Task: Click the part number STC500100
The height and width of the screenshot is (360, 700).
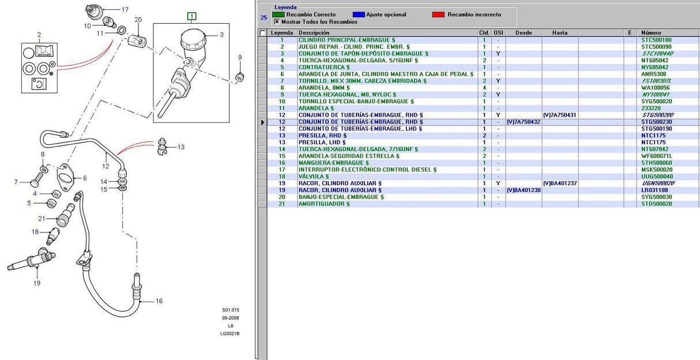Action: (x=656, y=40)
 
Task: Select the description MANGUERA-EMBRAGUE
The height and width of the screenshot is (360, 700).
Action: (x=333, y=163)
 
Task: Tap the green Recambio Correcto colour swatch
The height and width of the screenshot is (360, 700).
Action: (x=278, y=14)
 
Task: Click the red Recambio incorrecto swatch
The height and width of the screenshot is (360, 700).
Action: (x=438, y=14)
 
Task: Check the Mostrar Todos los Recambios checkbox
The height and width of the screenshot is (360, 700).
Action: (x=277, y=22)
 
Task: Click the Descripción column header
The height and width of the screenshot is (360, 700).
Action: (x=314, y=33)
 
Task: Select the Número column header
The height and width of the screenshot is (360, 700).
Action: (x=651, y=33)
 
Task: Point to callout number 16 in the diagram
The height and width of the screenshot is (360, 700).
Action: (x=159, y=301)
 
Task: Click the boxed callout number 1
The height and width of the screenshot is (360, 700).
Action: (x=191, y=16)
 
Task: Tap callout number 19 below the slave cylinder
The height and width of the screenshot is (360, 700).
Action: (x=37, y=283)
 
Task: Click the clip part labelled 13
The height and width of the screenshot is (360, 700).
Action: (x=162, y=146)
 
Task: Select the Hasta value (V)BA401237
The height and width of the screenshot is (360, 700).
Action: (x=560, y=183)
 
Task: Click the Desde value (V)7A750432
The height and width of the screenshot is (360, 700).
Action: (x=524, y=122)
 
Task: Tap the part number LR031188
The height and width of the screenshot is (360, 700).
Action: (x=654, y=190)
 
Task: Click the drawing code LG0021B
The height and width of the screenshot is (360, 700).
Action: (x=229, y=333)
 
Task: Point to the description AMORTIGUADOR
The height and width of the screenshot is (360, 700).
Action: (x=324, y=204)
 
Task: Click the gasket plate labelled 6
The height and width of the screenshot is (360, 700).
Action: (x=65, y=177)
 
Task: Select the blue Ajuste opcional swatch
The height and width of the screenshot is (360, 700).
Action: (x=359, y=14)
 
